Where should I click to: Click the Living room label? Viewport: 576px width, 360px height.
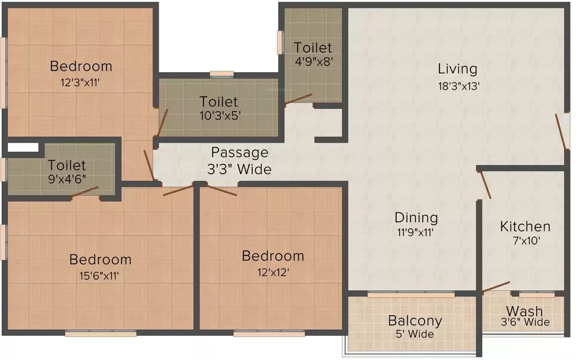coord(457,69)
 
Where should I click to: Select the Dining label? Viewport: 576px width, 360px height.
coord(416,217)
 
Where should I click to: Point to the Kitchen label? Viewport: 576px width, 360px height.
coord(525,226)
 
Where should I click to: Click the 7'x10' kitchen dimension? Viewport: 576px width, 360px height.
coord(525,242)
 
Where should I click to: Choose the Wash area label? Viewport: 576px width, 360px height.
coord(524,311)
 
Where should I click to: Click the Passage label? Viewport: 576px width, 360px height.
coord(240,152)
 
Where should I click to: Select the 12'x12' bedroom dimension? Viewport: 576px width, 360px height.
coord(273,272)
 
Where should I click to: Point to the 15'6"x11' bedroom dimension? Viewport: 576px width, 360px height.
coord(100,276)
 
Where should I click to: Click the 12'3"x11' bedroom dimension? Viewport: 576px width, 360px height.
coord(81,83)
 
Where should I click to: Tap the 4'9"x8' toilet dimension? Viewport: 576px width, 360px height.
coord(313,62)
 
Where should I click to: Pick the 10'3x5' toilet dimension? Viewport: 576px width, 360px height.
coord(219,115)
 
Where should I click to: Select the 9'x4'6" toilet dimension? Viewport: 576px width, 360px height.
coord(67,180)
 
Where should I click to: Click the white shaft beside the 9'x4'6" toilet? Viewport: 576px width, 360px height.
coord(23,147)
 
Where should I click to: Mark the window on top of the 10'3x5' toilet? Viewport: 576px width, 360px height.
coord(221,74)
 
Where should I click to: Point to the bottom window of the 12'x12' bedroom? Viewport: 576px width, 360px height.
coord(269,334)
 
